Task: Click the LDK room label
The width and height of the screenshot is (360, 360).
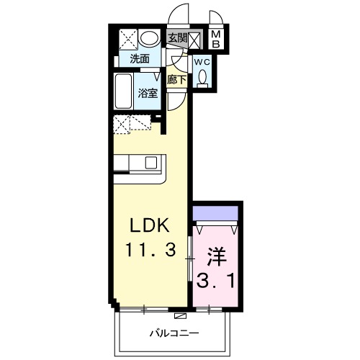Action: (x=150, y=226)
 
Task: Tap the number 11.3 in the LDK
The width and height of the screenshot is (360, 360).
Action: (x=150, y=253)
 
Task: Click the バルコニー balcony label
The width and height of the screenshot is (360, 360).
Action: (x=174, y=333)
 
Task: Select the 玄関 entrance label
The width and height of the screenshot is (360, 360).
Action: (x=176, y=37)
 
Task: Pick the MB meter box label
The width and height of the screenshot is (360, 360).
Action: (x=216, y=38)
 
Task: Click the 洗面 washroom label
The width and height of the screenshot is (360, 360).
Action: (x=140, y=59)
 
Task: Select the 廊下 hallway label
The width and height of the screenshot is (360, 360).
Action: (x=176, y=81)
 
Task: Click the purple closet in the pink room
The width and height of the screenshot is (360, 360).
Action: (x=215, y=213)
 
